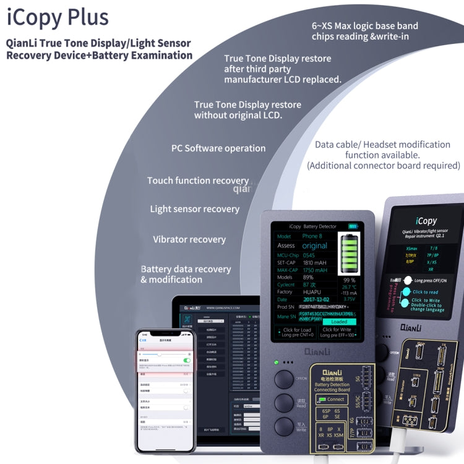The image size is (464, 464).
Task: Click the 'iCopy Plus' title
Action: [x=58, y=17]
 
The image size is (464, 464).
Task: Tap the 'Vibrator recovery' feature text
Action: [x=189, y=239]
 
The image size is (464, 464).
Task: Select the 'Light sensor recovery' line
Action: [x=194, y=209]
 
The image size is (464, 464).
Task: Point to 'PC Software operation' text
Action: [x=218, y=148]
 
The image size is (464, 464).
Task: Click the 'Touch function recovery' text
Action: [x=197, y=181]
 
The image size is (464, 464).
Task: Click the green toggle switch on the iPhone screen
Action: [x=187, y=359]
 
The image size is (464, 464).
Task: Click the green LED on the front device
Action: [x=270, y=362]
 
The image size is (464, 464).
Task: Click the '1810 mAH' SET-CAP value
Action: [x=315, y=262]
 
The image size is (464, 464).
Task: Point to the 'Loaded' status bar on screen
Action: [x=339, y=322]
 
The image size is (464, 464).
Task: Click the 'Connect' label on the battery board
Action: [x=335, y=400]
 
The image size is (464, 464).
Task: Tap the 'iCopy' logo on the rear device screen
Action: [x=426, y=220]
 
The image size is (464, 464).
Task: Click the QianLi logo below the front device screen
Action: [x=317, y=351]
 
